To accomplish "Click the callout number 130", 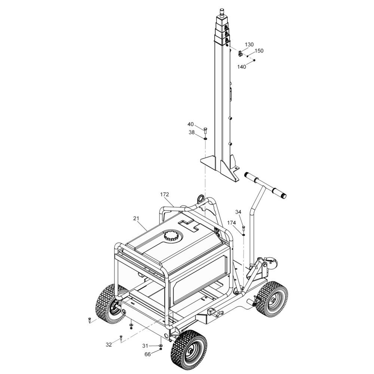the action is pos(249,45).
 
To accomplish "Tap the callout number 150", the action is pos(259,51).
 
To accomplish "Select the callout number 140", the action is pos(241,67).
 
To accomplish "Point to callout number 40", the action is pos(191,124).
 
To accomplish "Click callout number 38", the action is pos(192,132).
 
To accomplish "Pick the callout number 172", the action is pos(164,194).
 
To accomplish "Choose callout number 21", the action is pos(136,218).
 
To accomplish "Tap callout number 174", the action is pos(232,223).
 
